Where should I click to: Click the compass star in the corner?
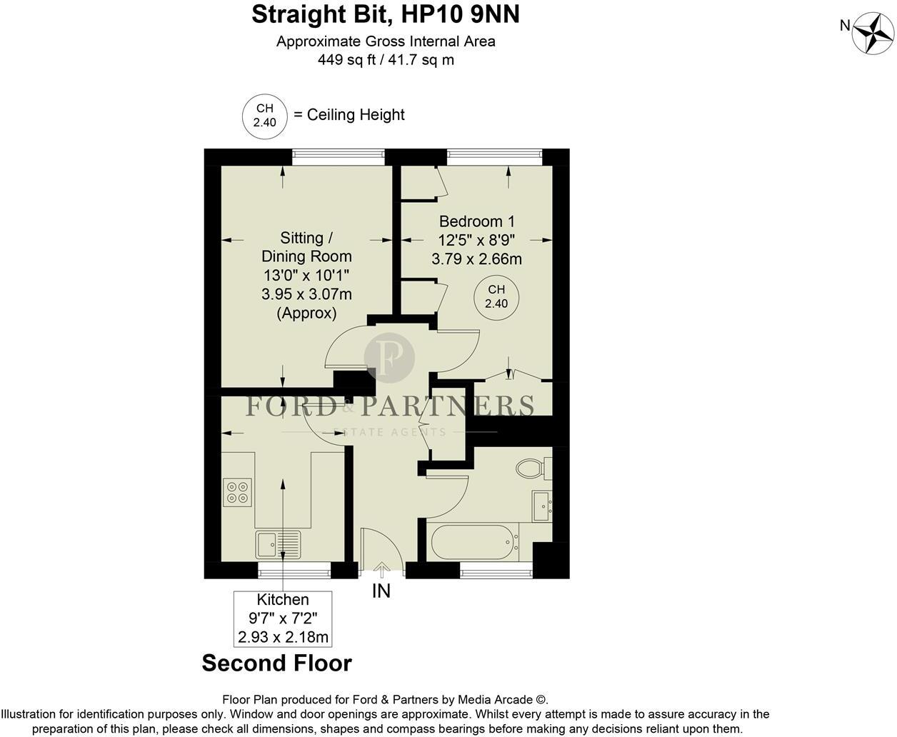click(x=873, y=34)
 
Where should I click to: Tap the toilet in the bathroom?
click(x=533, y=468)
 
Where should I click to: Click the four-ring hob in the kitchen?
click(x=237, y=492)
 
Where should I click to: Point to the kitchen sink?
click(x=278, y=544)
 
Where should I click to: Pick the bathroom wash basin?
click(x=542, y=506)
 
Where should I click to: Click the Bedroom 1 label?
click(x=477, y=221)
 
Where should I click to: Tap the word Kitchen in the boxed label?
click(x=283, y=600)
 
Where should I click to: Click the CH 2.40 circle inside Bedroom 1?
click(x=496, y=296)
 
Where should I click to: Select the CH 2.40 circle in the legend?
click(x=264, y=116)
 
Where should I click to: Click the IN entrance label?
click(x=381, y=591)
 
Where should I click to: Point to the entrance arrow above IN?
click(x=381, y=570)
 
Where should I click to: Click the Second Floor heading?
click(x=277, y=663)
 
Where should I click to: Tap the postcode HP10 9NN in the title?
click(x=460, y=14)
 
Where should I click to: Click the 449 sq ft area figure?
click(x=346, y=59)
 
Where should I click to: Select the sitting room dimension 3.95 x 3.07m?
click(x=306, y=294)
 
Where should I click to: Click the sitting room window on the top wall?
click(x=339, y=157)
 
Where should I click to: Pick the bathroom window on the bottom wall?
click(x=496, y=571)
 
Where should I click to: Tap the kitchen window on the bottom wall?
click(x=294, y=571)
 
